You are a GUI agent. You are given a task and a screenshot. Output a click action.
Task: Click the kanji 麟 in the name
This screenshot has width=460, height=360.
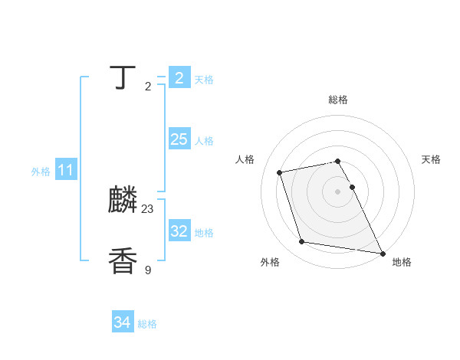(123, 201)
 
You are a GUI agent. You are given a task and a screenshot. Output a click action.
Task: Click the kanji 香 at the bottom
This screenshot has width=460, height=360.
(123, 261)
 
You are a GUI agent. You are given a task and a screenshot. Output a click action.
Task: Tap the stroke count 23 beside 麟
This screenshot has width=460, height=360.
(148, 209)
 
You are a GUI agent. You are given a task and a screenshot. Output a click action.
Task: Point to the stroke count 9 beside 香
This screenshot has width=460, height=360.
(148, 270)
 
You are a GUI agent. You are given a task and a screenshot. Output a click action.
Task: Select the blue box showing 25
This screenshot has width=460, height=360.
(179, 139)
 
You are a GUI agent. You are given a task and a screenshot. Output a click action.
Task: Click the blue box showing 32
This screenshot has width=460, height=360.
(179, 231)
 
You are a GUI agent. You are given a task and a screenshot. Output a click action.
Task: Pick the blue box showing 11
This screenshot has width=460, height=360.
(66, 171)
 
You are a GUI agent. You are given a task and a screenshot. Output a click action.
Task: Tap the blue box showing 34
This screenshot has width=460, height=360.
(123, 322)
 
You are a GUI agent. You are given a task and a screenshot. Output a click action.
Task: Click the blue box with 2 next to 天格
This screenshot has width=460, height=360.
(179, 78)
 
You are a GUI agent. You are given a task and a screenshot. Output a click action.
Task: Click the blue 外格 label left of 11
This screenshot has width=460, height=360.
(41, 172)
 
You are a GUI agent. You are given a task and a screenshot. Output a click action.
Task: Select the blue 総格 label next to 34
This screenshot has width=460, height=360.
(147, 324)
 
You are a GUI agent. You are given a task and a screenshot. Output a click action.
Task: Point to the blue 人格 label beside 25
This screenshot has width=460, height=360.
(204, 141)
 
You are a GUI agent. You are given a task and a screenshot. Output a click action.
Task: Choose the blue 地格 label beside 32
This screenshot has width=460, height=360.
(204, 233)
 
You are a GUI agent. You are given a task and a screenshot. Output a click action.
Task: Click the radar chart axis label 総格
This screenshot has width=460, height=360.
(338, 100)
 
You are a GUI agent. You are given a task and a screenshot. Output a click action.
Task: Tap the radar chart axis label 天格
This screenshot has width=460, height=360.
(431, 159)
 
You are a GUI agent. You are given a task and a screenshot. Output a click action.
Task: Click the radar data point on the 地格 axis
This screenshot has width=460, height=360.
(382, 253)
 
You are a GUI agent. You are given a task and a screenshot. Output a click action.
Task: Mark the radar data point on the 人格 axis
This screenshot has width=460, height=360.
(280, 172)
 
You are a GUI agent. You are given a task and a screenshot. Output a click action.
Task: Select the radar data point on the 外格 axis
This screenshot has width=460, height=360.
(302, 242)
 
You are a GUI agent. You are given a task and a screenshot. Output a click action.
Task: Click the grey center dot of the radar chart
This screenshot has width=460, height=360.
(338, 191)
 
